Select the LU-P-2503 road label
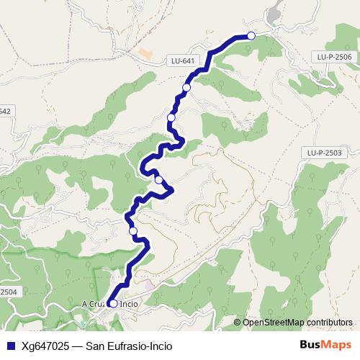pyautogui.click(x=323, y=153)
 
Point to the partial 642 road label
pyautogui.click(x=5, y=111)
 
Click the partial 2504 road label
pyautogui.click(x=7, y=291)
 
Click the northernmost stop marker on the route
pyautogui.click(x=251, y=36)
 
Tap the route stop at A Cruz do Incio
pyautogui.click(x=113, y=304)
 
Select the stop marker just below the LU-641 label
pyautogui.click(x=186, y=87)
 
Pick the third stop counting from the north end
pyautogui.click(x=171, y=117)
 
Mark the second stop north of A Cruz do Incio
pyautogui.click(x=158, y=180)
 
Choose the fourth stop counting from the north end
pyautogui.click(x=158, y=180)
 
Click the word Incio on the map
pyautogui.click(x=129, y=304)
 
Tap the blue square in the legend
pyautogui.click(x=9, y=346)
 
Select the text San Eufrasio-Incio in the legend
pyautogui.click(x=129, y=346)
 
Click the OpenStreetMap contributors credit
pyautogui.click(x=297, y=323)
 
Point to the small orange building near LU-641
pyautogui.click(x=146, y=54)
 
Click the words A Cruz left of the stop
pyautogui.click(x=94, y=304)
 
